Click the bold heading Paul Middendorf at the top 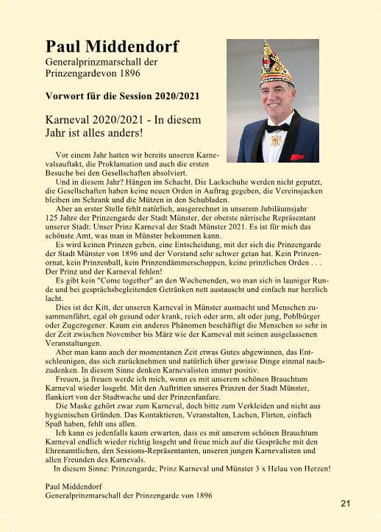click(x=111, y=47)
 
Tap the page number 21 click(x=346, y=503)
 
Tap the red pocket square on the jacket click(x=296, y=157)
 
